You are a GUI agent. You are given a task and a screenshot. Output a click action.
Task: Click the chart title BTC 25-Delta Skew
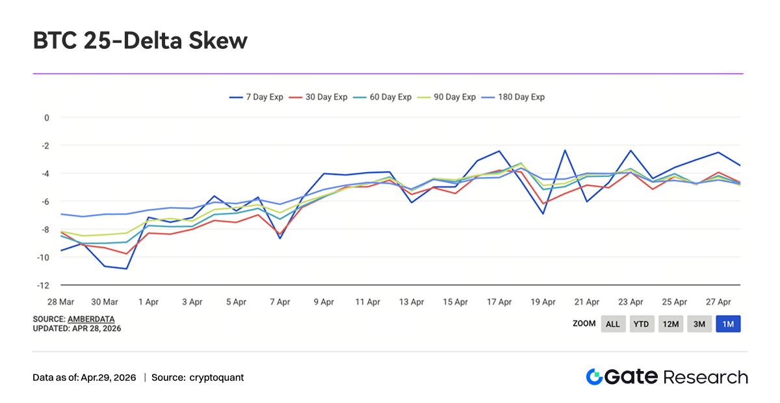point(140,41)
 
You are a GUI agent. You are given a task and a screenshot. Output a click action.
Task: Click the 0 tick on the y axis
point(47,118)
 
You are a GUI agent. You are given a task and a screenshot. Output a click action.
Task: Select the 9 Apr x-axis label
point(324,302)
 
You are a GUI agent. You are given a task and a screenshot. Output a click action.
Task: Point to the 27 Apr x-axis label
point(719,302)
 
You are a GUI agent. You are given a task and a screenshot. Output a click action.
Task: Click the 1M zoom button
point(728,324)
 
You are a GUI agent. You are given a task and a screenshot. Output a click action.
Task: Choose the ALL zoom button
point(613,324)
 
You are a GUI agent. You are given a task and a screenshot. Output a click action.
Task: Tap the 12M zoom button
point(670,324)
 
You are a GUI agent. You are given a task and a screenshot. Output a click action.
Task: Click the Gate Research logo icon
point(594,377)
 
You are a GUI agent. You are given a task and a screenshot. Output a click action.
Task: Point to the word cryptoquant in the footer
point(217,378)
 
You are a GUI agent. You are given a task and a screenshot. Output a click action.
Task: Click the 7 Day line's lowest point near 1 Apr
point(127,268)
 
